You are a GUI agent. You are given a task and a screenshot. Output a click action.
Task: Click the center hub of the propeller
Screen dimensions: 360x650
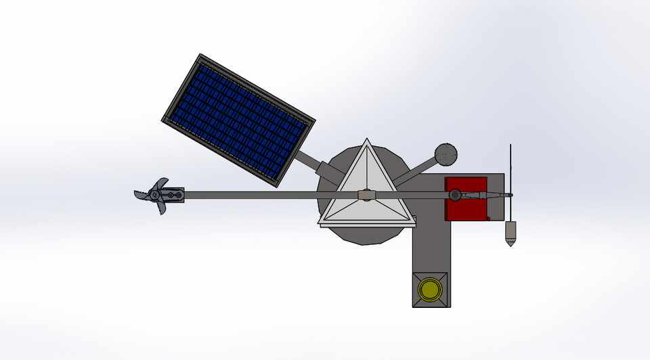(156, 196)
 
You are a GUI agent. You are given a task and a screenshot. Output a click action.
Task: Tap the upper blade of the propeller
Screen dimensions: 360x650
(161, 183)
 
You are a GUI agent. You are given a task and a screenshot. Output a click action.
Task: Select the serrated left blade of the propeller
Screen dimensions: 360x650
(141, 194)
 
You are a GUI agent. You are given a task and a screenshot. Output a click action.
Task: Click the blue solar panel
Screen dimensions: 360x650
(238, 119)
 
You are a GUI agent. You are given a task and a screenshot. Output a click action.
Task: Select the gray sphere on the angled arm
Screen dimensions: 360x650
(446, 155)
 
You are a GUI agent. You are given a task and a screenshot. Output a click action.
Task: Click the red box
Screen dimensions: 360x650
(466, 198)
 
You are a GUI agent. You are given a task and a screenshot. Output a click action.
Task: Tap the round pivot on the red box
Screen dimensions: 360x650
(454, 196)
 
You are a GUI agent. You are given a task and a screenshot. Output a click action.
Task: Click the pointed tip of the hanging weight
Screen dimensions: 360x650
(511, 244)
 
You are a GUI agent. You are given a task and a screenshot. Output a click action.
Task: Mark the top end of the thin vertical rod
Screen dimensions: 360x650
(511, 145)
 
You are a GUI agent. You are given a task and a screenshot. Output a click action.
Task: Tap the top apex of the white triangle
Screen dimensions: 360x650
(366, 140)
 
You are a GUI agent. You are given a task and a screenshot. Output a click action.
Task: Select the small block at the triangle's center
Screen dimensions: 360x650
(366, 196)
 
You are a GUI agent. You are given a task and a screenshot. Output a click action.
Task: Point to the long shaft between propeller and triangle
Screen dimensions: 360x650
(257, 196)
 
